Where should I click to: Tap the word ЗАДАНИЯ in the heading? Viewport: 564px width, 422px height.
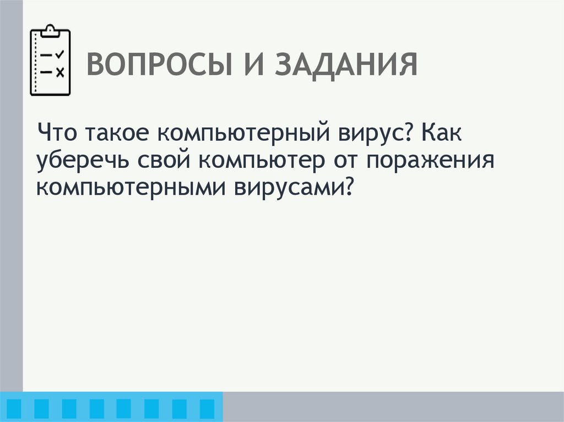(346, 66)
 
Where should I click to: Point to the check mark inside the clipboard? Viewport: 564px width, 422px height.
(60, 54)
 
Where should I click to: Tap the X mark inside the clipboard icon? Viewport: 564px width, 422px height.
(60, 72)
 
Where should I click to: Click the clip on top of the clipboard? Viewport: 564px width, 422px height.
(50, 30)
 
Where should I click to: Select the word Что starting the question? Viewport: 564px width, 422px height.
(59, 133)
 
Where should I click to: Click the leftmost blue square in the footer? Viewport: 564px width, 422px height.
(14, 407)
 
